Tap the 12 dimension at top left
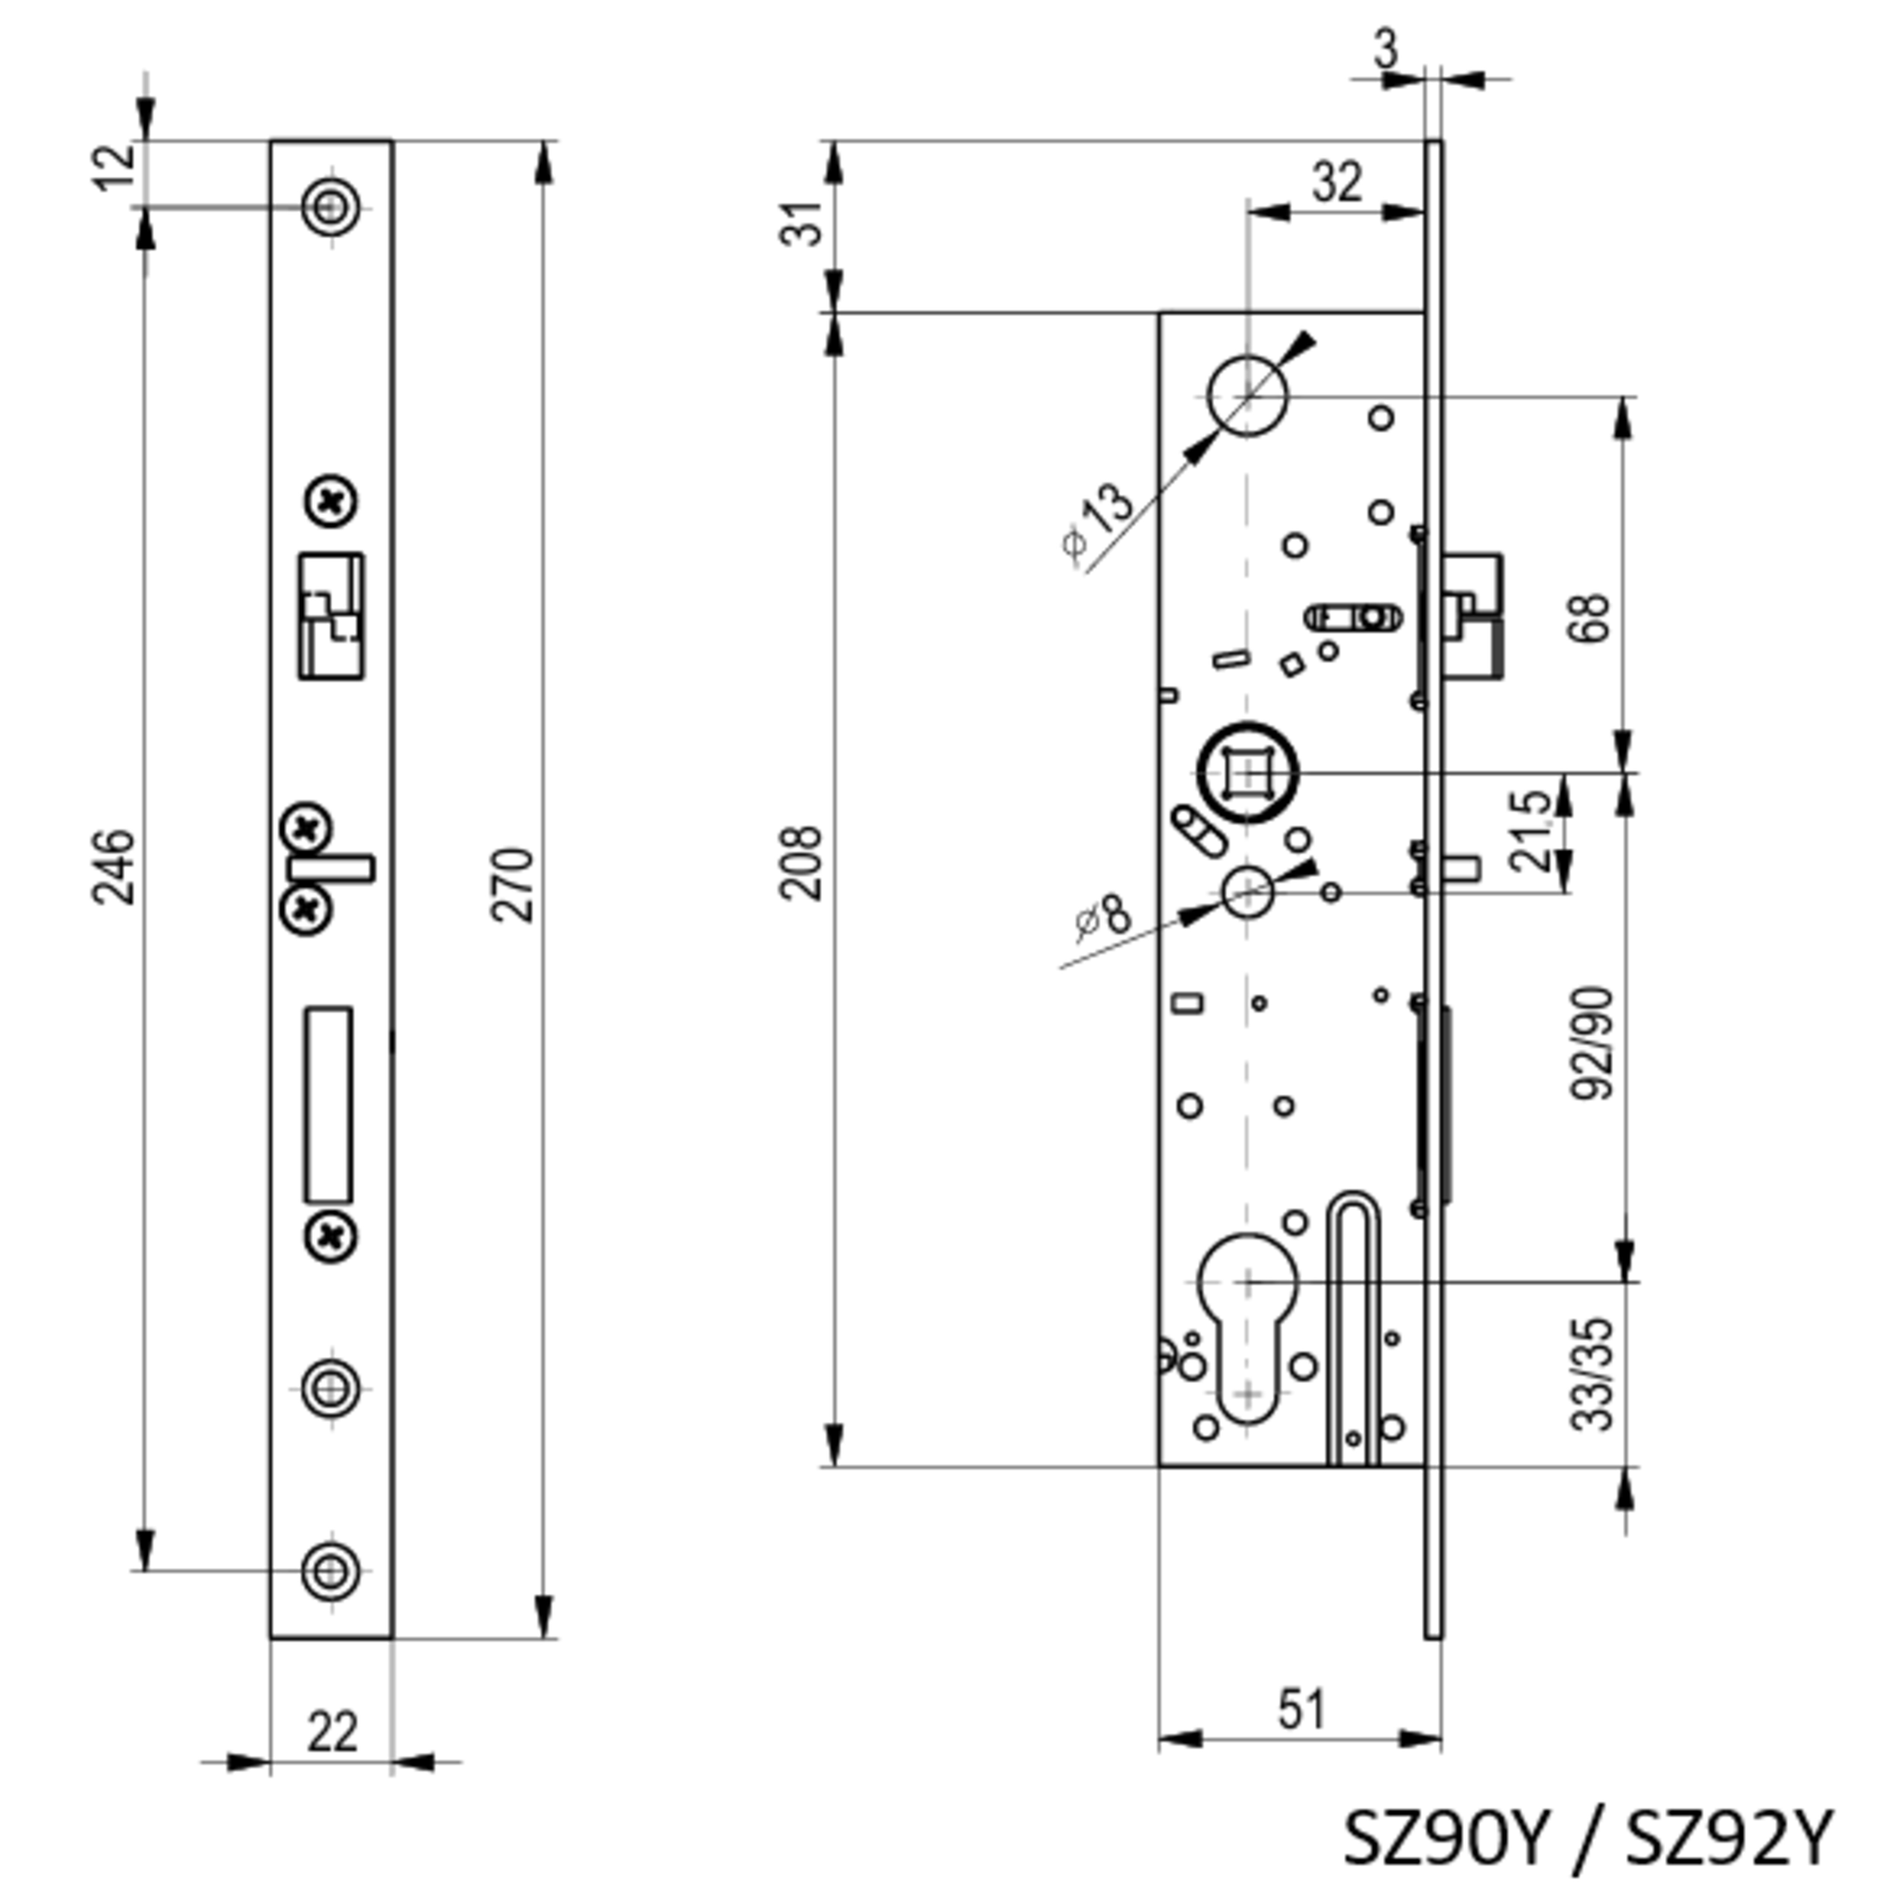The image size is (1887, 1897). tap(116, 168)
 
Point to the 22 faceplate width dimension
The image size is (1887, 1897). tap(332, 1733)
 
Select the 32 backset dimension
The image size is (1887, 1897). tap(1337, 182)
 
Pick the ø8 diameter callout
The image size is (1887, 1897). tap(1104, 917)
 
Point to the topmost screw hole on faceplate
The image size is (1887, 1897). tap(331, 206)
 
